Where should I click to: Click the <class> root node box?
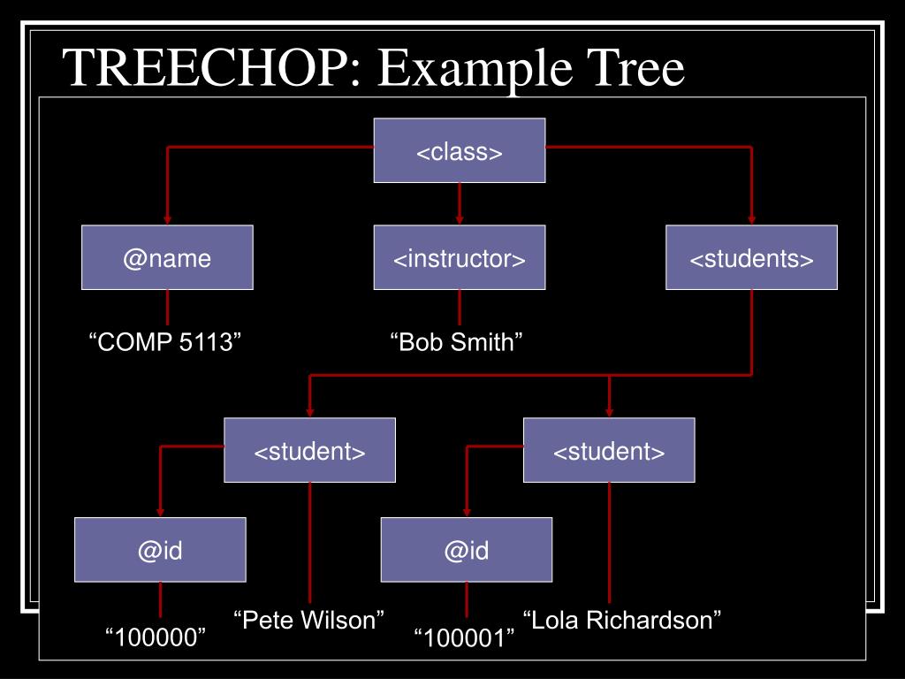pyautogui.click(x=460, y=151)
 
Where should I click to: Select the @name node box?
pyautogui.click(x=167, y=257)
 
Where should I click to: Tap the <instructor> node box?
pyautogui.click(x=460, y=257)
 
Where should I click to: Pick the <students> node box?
pyautogui.click(x=751, y=257)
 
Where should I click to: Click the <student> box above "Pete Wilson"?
pyautogui.click(x=309, y=451)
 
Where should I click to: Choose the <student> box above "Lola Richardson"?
pyautogui.click(x=609, y=451)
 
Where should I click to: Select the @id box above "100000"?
pyautogui.click(x=160, y=550)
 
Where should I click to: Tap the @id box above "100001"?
pyautogui.click(x=467, y=550)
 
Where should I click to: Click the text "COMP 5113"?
pyautogui.click(x=166, y=342)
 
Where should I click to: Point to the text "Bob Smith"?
pyautogui.click(x=458, y=342)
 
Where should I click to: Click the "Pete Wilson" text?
pyautogui.click(x=309, y=620)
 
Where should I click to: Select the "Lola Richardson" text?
pyautogui.click(x=623, y=620)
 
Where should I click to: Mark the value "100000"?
pyautogui.click(x=156, y=637)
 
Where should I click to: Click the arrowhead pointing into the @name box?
pyautogui.click(x=167, y=219)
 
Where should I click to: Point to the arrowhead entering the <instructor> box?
pyautogui.click(x=460, y=219)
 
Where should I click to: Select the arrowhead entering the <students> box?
pyautogui.click(x=751, y=219)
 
